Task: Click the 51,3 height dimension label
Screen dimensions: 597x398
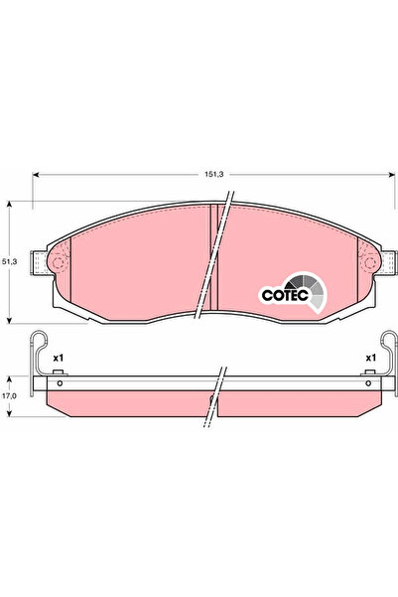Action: (10, 260)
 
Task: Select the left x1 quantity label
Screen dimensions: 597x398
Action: (59, 357)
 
